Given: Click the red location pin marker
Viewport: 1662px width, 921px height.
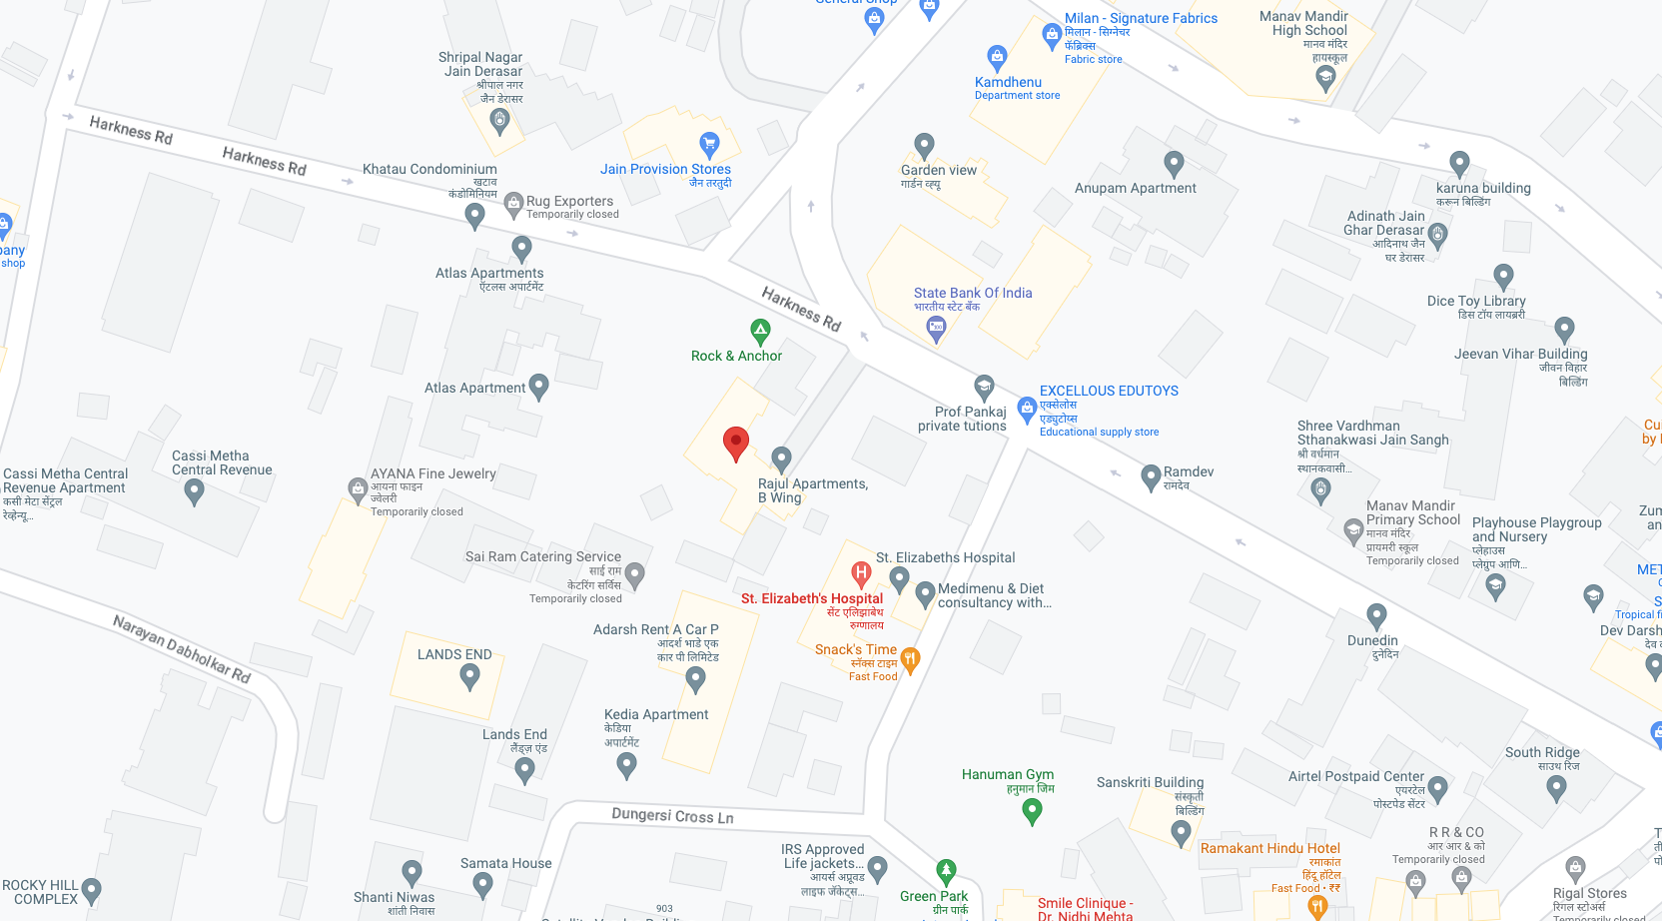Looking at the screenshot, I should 736,443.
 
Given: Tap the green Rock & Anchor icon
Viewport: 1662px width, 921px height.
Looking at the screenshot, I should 760,331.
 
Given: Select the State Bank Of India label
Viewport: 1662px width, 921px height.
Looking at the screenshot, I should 972,293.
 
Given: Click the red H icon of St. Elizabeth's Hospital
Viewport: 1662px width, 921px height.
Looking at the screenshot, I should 861,573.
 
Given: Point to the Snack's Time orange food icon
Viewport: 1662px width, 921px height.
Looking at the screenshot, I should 910,658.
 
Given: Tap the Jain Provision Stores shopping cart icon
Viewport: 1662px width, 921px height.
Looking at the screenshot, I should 709,144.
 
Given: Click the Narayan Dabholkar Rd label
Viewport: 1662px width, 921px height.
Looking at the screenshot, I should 182,648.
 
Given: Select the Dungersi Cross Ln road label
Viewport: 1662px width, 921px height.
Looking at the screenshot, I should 672,816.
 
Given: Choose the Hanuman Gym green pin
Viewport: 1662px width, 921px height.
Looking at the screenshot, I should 1033,811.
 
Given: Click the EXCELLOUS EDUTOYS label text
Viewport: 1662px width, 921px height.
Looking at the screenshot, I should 1109,391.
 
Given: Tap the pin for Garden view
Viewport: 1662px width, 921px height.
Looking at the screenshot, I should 925,146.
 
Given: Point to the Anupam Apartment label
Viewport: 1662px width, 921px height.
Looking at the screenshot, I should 1135,188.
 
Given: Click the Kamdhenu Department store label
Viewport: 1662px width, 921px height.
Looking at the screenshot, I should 1009,83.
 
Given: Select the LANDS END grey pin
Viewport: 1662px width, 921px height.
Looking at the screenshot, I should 469,676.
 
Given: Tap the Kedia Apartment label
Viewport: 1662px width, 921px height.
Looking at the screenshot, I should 655,714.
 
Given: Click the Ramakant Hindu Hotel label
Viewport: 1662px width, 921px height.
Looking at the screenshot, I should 1269,848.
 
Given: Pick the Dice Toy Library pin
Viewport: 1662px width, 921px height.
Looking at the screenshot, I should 1503,277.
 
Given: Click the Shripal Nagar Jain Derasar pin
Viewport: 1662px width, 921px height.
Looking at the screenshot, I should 500,121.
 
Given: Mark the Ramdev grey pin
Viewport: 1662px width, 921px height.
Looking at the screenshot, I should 1151,477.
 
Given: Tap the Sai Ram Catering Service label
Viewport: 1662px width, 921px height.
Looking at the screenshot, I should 542,556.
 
